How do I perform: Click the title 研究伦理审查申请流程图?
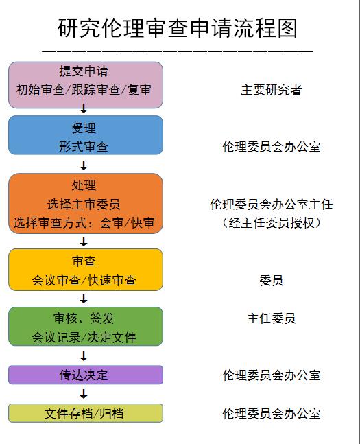[x=178, y=28]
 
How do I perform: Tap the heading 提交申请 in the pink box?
[x=84, y=71]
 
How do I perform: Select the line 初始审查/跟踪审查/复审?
[x=84, y=90]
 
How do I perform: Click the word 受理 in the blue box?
[x=84, y=128]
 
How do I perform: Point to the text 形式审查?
[x=84, y=147]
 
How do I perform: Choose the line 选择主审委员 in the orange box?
[x=84, y=205]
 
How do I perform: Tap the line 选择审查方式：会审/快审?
[x=84, y=223]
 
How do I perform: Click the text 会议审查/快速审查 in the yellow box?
[x=84, y=281]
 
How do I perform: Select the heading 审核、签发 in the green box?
[x=84, y=318]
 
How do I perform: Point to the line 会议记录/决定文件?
[x=84, y=337]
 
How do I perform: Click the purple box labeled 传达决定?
[x=86, y=375]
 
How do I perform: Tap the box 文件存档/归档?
[x=86, y=413]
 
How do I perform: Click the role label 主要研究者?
[x=272, y=90]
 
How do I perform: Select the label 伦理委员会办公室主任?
[x=272, y=205]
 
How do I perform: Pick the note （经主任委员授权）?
[x=272, y=223]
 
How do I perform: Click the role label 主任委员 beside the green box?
[x=272, y=318]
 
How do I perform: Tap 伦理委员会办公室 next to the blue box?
[x=272, y=147]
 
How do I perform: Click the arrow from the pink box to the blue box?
[x=84, y=108]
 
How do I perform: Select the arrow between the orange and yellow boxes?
[x=84, y=242]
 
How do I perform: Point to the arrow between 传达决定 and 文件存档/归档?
[x=84, y=394]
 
